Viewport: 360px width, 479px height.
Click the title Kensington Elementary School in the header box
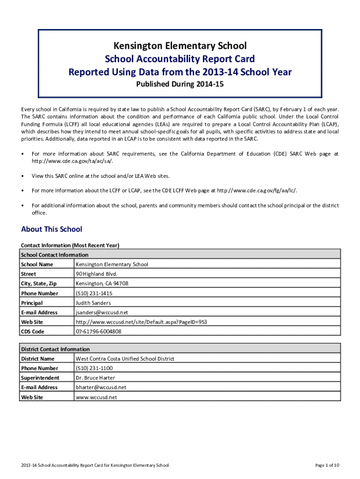click(180, 45)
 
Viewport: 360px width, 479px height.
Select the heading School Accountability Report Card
click(180, 59)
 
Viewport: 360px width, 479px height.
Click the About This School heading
click(51, 229)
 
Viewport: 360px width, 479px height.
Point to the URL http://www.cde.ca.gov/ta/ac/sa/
click(72, 161)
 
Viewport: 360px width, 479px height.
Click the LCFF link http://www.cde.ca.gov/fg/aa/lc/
click(257, 190)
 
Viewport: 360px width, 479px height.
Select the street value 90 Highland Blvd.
click(97, 274)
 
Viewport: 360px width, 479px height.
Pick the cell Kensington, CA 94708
click(102, 283)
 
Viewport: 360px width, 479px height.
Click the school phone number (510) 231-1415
click(94, 293)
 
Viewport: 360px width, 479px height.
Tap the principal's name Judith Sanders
click(94, 303)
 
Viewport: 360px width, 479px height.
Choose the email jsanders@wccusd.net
click(102, 312)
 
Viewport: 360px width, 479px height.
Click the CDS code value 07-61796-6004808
click(98, 332)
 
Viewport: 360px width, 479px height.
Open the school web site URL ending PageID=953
click(141, 322)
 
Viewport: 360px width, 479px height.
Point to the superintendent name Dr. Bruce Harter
click(95, 378)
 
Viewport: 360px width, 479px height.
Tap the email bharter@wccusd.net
click(101, 387)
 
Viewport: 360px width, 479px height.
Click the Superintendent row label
click(40, 378)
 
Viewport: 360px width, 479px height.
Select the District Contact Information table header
click(55, 349)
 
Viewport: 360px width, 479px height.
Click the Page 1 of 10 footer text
click(327, 465)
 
